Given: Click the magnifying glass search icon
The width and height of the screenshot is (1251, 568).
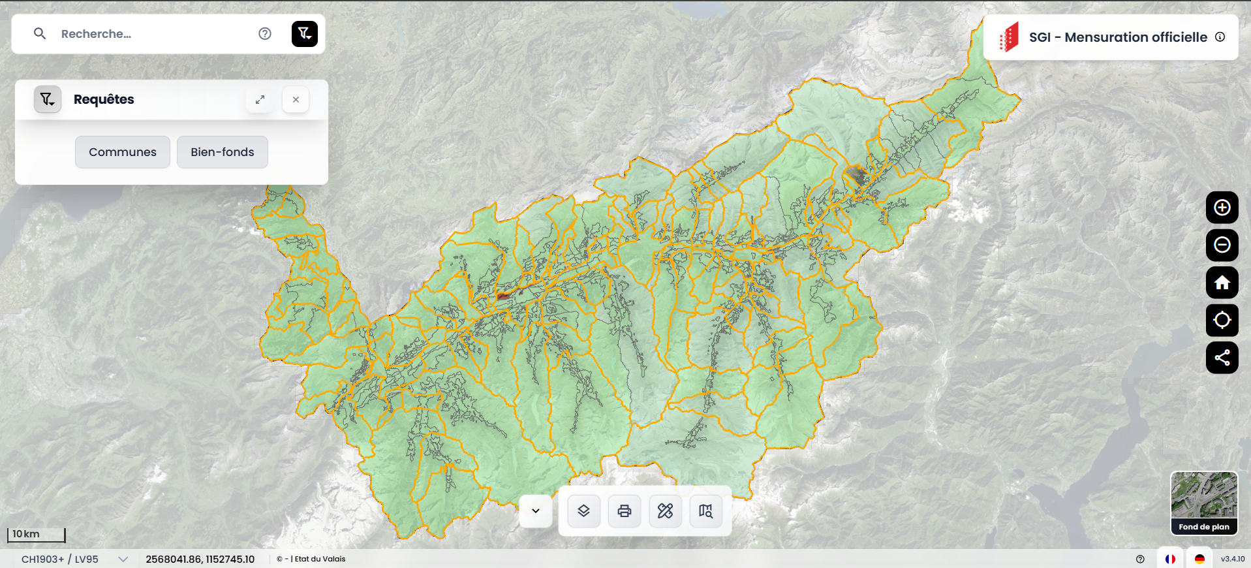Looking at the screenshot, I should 40,33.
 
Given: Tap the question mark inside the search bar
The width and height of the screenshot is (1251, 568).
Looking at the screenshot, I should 265,34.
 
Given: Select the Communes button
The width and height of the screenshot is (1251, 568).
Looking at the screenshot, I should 123,152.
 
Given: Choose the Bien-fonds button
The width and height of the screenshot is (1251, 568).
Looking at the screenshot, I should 223,152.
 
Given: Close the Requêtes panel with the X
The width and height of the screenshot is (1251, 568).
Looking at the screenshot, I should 296,100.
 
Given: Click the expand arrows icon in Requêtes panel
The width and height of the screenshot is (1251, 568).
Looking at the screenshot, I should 260,100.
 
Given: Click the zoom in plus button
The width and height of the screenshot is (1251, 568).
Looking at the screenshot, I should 1222,208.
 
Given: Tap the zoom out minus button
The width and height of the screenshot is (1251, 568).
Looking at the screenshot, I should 1222,245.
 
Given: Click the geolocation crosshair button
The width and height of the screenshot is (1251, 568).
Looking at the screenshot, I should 1222,320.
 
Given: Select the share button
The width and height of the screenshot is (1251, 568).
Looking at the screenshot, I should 1222,358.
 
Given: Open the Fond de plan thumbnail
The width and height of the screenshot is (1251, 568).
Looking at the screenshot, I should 1204,503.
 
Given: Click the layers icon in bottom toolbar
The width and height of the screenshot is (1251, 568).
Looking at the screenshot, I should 583,511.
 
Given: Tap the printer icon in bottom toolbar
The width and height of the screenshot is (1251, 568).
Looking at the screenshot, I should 625,511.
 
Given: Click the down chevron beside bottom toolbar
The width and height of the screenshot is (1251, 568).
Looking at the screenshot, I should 536,511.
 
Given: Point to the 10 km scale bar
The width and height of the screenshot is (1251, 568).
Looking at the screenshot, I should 37,535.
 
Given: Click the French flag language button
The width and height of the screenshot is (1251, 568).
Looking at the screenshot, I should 1170,559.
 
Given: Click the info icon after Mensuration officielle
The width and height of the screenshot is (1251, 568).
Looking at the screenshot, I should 1220,37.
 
